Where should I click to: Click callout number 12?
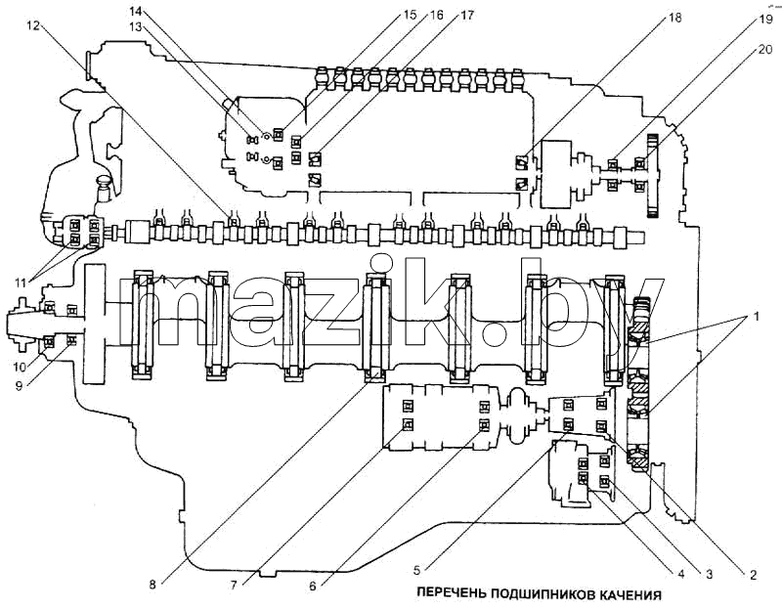click(x=32, y=25)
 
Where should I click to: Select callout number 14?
click(x=135, y=10)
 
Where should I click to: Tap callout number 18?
click(x=673, y=18)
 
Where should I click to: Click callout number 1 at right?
click(x=756, y=316)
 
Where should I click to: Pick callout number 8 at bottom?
click(x=152, y=585)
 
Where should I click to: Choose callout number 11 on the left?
click(x=20, y=283)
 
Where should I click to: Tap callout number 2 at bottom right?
click(x=753, y=575)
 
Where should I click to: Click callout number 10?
click(x=20, y=368)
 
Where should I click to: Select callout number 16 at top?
click(x=436, y=15)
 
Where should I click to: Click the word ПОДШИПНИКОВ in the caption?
click(x=540, y=594)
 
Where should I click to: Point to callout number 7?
click(x=234, y=585)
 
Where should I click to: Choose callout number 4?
click(x=679, y=574)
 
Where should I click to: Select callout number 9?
click(x=20, y=386)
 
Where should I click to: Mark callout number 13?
click(x=135, y=28)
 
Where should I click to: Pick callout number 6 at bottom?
click(x=313, y=586)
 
